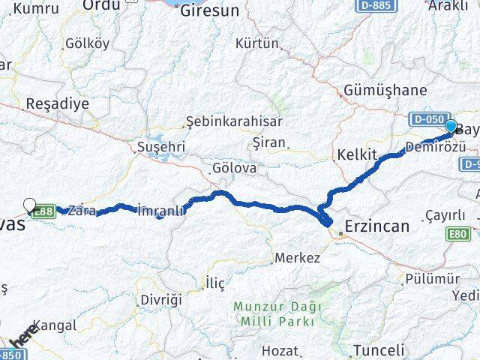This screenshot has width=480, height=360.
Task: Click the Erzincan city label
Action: point(377,225)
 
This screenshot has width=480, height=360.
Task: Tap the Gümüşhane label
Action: point(385,91)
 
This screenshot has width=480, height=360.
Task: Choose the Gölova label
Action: point(234,168)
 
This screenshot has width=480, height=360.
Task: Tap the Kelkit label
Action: point(356,154)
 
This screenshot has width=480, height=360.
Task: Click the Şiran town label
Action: point(270,142)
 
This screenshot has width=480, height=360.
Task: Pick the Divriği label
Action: point(160,299)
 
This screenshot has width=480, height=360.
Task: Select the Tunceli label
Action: point(379,349)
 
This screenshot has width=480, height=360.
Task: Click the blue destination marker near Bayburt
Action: point(451,126)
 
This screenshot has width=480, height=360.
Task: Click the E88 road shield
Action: point(44,212)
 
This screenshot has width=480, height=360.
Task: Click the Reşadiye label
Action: point(57,103)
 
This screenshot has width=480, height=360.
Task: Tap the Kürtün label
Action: point(257,43)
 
